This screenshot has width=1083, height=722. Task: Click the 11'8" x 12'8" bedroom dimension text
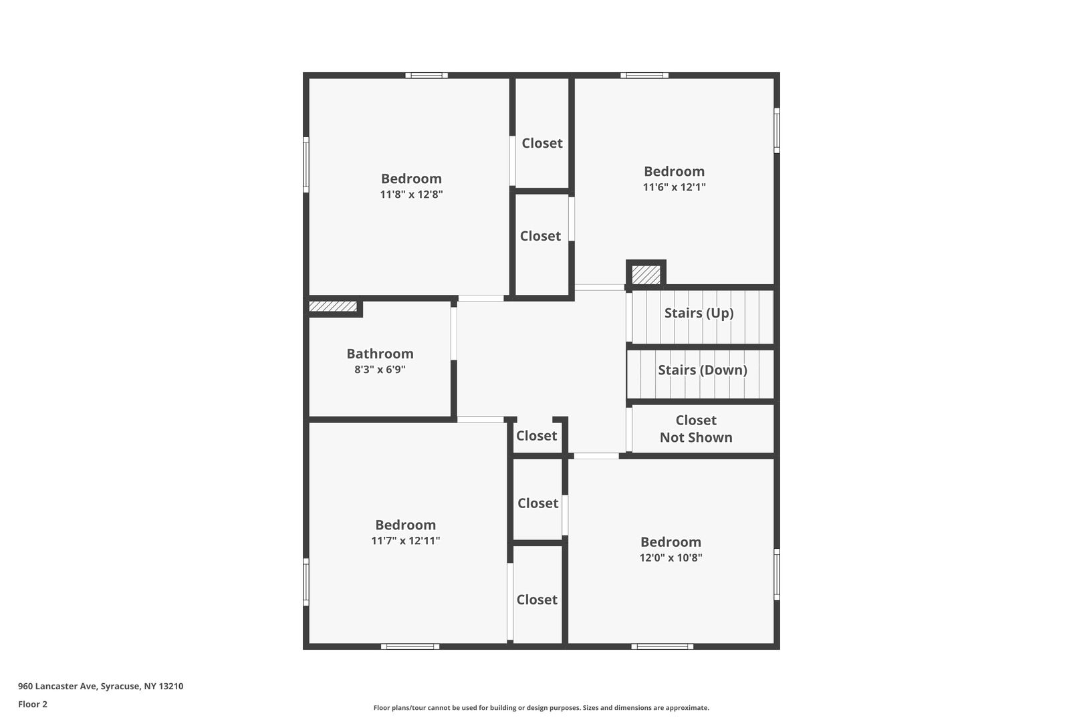pos(411,195)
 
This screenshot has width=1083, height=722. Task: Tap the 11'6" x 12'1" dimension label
pos(674,187)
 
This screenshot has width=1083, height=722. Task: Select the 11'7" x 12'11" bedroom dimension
pos(406,541)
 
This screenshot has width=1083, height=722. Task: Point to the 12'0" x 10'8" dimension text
pos(671,558)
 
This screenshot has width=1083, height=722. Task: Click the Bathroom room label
pos(380,354)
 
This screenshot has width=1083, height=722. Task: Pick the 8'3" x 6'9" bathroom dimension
pos(380,370)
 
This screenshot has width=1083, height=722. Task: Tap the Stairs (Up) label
pos(699,313)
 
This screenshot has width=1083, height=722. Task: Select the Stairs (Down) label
pos(703,370)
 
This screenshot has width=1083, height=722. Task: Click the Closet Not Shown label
pos(696,429)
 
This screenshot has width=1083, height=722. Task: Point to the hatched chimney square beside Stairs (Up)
pos(646,275)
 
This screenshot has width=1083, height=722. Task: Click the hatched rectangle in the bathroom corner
pos(333,307)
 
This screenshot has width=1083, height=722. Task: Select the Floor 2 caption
pos(33,704)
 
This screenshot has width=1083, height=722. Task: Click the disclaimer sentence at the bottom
pos(541,707)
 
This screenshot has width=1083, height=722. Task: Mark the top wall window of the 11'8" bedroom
pos(427,76)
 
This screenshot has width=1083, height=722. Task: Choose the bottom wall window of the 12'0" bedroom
pos(663,646)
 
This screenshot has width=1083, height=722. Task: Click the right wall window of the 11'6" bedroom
pos(777,130)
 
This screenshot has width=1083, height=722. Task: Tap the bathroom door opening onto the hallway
pos(453,334)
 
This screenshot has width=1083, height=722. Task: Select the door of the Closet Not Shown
pos(629,429)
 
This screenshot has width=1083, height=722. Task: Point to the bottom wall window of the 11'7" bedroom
pos(410,646)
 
